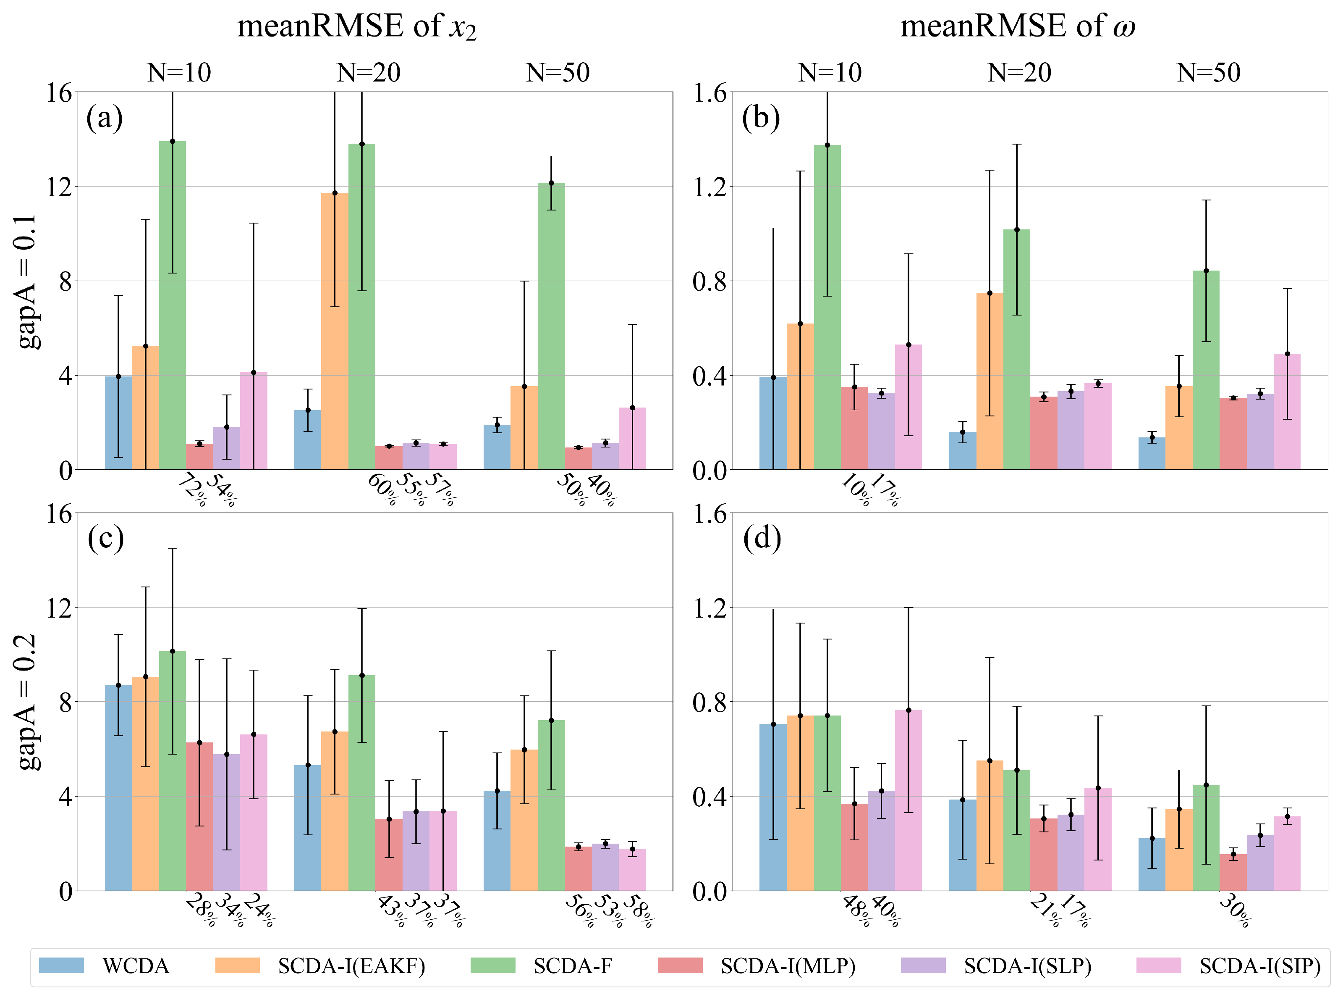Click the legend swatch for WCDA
tap(61, 966)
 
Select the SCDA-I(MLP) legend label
tap(788, 966)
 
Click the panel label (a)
tap(105, 117)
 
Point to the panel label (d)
tap(762, 538)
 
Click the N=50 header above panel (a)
tap(558, 73)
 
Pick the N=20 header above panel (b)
tap(1019, 73)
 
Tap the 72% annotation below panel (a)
tap(192, 490)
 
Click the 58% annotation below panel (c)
tap(638, 911)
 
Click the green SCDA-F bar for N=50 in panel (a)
tap(551, 328)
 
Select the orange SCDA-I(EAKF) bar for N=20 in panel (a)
tap(335, 331)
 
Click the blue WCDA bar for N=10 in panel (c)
tap(118, 787)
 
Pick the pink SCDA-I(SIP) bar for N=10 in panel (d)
tap(908, 800)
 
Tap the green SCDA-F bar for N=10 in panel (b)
tap(827, 307)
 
